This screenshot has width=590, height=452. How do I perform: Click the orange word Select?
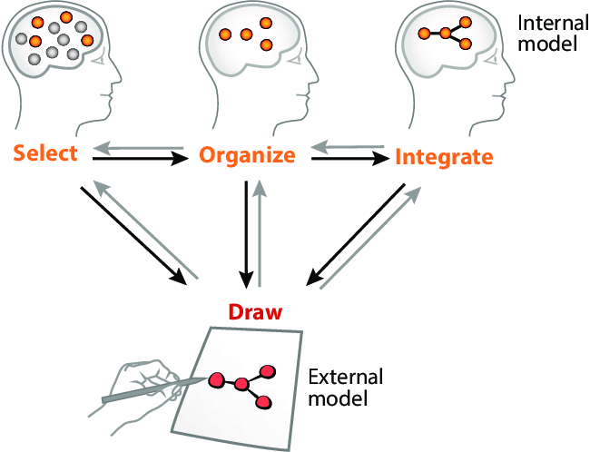pyautogui.click(x=45, y=152)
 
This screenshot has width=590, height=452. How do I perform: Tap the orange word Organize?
pyautogui.click(x=248, y=155)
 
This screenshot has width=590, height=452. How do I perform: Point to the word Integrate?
pyautogui.click(x=444, y=157)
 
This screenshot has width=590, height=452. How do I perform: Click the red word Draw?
pyautogui.click(x=255, y=311)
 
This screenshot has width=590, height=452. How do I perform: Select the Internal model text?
pyautogui.click(x=549, y=32)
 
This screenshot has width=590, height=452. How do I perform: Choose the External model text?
pyautogui.click(x=346, y=387)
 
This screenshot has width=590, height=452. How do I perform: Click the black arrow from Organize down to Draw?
pyautogui.click(x=245, y=231)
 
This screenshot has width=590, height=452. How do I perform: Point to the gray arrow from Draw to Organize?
pyautogui.click(x=261, y=231)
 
